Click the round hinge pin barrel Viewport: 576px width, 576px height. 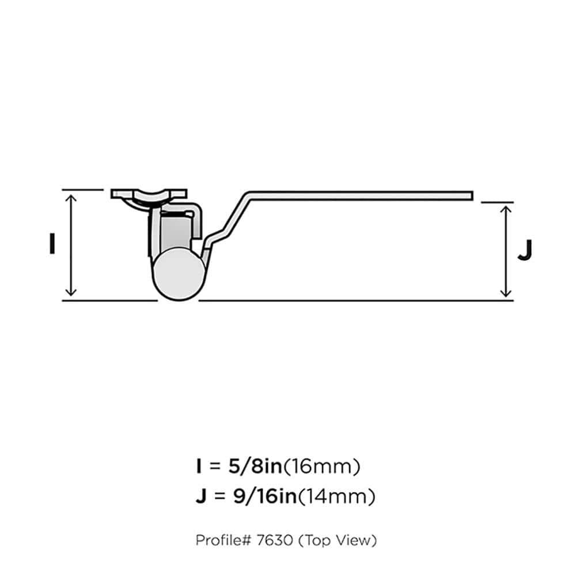point(179,275)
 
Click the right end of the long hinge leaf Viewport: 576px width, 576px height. point(469,196)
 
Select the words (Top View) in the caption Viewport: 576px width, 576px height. point(340,540)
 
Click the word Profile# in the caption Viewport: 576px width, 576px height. point(222,540)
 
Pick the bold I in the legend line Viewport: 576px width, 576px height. point(199,467)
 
